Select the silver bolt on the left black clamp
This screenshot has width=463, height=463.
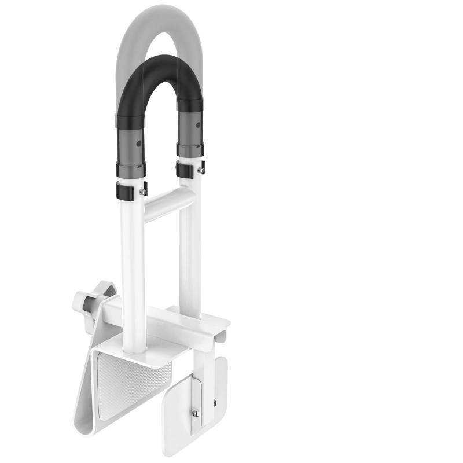click(x=142, y=192)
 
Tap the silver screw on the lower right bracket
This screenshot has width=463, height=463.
click(x=196, y=412)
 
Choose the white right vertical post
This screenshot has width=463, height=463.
click(x=190, y=249)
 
